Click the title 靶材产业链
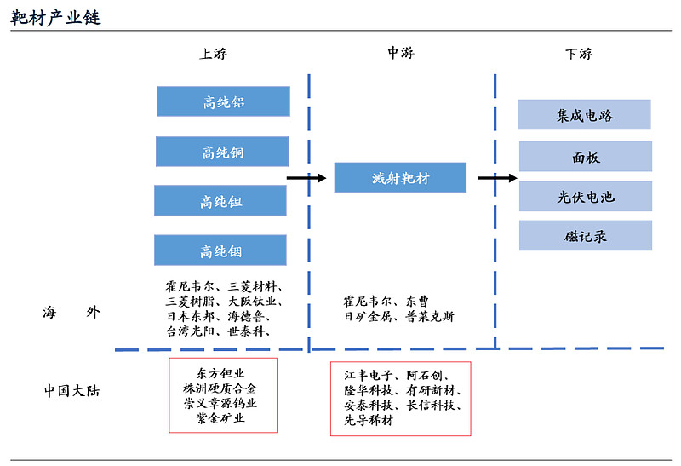click(x=55, y=17)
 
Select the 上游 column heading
click(x=213, y=54)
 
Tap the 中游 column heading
click(x=401, y=53)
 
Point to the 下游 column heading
click(x=579, y=54)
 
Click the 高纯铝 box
click(x=223, y=101)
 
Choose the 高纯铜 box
click(x=222, y=152)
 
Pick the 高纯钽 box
click(x=220, y=200)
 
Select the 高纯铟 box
click(x=220, y=250)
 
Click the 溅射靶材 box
click(x=400, y=177)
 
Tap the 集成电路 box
click(x=584, y=115)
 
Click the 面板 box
click(x=586, y=157)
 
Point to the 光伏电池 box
click(x=586, y=197)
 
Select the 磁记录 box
click(x=586, y=236)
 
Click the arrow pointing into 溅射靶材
click(x=306, y=178)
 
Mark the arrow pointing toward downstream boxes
click(x=497, y=178)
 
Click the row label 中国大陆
click(x=72, y=390)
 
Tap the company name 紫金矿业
click(x=220, y=418)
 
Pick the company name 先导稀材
click(x=369, y=420)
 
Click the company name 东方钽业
click(x=220, y=373)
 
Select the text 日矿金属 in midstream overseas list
click(x=369, y=316)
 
